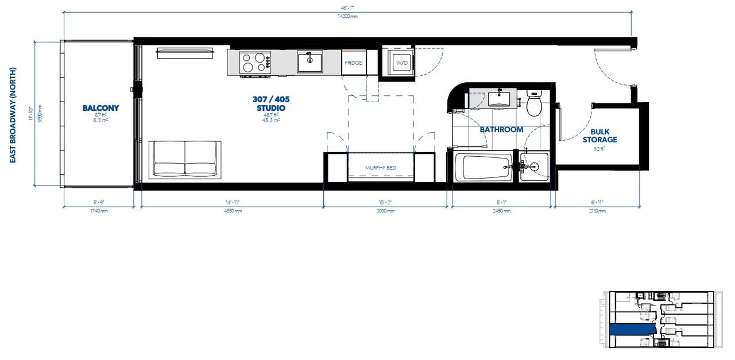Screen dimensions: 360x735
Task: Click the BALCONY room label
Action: (x=100, y=108)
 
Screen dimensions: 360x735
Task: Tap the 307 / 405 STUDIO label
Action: (x=271, y=104)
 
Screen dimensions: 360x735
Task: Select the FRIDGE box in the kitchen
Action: (x=353, y=63)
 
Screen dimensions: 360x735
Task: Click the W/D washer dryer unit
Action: (x=401, y=63)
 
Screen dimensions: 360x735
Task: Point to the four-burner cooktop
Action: (x=256, y=62)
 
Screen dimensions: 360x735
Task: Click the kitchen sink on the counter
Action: (x=310, y=61)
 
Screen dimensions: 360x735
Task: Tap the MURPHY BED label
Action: (x=381, y=168)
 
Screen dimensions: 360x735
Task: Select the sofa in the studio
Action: (x=185, y=159)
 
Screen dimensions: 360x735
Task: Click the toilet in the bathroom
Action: (x=533, y=103)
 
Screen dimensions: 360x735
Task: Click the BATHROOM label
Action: (x=501, y=130)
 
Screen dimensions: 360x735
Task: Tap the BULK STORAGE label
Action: (x=600, y=136)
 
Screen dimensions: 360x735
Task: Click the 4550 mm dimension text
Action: (x=233, y=211)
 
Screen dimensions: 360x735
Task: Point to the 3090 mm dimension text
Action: (x=385, y=211)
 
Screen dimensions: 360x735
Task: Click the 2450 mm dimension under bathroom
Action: (x=501, y=211)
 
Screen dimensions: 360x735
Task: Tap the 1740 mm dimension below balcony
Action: (x=99, y=211)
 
